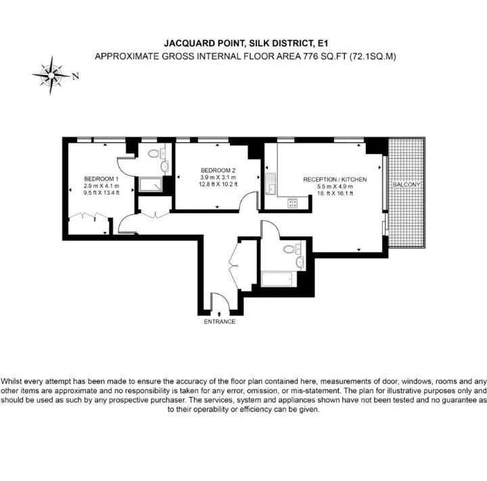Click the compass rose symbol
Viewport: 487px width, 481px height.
(x=51, y=76)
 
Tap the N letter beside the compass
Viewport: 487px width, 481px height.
(x=76, y=76)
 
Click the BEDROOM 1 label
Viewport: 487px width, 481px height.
(x=101, y=179)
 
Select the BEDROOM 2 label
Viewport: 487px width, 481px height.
(x=218, y=170)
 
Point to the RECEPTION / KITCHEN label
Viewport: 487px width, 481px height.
(x=335, y=179)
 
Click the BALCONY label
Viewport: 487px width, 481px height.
(x=407, y=185)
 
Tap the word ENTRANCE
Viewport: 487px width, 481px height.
(x=220, y=321)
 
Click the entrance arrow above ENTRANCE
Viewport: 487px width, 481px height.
(x=220, y=314)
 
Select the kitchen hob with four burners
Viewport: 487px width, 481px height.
(x=293, y=203)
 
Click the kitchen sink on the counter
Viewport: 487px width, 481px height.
(x=271, y=183)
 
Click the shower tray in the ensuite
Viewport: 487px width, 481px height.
(x=151, y=185)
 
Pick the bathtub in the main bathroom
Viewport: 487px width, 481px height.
(x=277, y=279)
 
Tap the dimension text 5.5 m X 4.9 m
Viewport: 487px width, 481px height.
(x=335, y=187)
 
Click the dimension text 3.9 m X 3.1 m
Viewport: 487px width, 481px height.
(x=218, y=177)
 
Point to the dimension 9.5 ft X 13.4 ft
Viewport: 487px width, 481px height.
(x=101, y=193)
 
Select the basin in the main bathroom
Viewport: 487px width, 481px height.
(x=300, y=262)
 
